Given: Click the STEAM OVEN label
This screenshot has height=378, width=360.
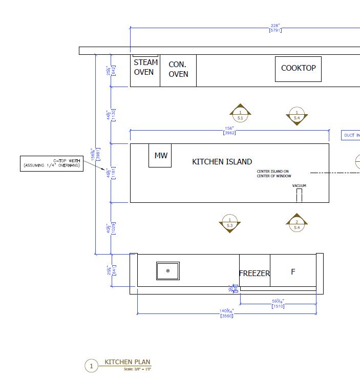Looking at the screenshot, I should click(x=145, y=67).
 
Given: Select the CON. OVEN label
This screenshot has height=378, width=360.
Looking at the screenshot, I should click(x=178, y=69).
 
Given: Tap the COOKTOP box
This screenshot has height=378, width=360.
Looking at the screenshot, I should click(x=298, y=69).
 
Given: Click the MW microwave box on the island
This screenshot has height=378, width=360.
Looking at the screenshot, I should click(x=160, y=155).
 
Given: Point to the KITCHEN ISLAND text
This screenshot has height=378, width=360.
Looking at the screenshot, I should click(x=222, y=162).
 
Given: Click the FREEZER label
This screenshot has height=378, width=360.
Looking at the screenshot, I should click(x=254, y=274).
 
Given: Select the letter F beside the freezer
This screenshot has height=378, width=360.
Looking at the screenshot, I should click(x=293, y=272).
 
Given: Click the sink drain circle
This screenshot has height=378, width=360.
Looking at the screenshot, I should click(x=168, y=270).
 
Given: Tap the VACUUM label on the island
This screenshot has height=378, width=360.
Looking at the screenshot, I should click(x=299, y=185).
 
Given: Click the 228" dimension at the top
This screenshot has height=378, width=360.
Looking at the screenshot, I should click(x=276, y=26).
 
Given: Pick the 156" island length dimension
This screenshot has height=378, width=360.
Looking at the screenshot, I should click(x=229, y=128).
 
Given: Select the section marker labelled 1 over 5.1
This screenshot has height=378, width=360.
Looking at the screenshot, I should click(x=240, y=115).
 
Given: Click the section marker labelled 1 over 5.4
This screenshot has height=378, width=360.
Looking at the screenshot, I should click(x=297, y=115).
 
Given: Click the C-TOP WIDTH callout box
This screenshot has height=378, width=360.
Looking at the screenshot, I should click(x=52, y=163).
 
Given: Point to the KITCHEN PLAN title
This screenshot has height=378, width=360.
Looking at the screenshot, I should click(x=128, y=362).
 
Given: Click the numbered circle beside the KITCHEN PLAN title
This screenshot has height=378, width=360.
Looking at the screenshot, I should click(x=91, y=366).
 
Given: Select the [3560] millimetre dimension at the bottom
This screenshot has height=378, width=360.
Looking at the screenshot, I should click(x=226, y=316).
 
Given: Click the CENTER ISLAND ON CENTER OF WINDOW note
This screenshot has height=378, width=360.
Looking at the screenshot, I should click(x=273, y=174).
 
